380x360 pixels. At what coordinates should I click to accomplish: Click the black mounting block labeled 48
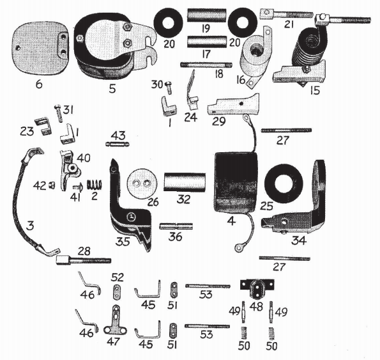pyautogui.click(x=256, y=289)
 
